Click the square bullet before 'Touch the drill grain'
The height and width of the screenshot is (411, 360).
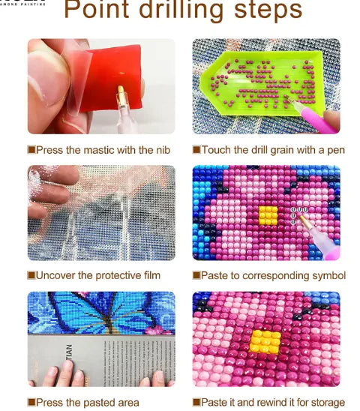(196, 150)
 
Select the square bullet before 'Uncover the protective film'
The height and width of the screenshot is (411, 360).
(31, 275)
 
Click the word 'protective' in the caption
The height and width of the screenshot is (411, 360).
(115, 275)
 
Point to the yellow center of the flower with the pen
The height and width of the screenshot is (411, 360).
(268, 216)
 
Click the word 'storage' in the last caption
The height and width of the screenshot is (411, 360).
(325, 402)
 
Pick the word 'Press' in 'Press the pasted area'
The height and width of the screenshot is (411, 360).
(50, 402)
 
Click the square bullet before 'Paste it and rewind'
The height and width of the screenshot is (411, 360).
(196, 402)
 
